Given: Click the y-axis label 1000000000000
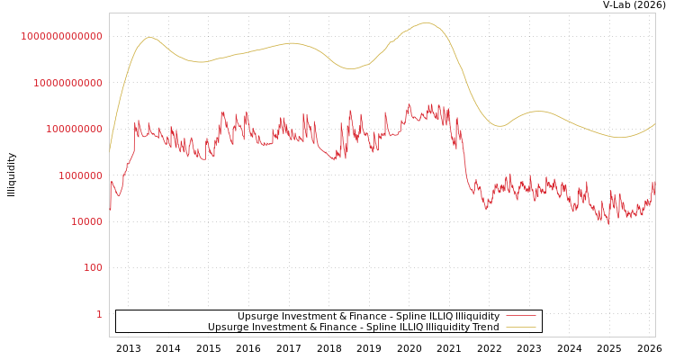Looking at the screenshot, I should (x=61, y=36).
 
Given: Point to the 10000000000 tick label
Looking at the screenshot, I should (x=67, y=83).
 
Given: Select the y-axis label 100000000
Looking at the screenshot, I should (x=74, y=129).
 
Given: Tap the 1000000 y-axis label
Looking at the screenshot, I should (x=80, y=175).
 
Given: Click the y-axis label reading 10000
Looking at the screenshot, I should (x=86, y=221).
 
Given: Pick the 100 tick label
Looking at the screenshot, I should (x=94, y=268).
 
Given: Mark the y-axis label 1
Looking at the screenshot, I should (x=99, y=314).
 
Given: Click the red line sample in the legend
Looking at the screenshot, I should (x=520, y=316).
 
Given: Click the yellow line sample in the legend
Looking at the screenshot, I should (x=520, y=327).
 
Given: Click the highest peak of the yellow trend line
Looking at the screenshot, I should (x=426, y=23).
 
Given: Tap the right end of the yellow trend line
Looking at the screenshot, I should (x=654, y=124).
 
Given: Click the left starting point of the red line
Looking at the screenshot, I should (x=110, y=211).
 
